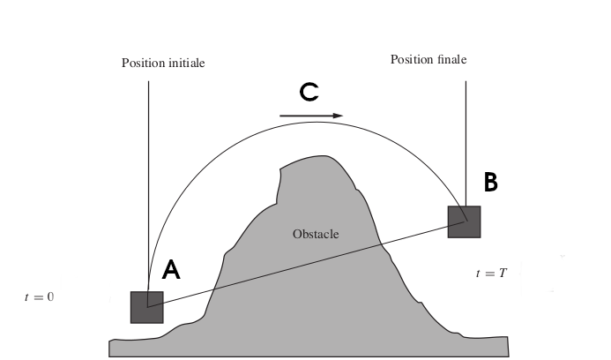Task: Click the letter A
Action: [172, 270]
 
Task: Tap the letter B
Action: [491, 183]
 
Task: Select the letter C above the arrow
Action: [309, 92]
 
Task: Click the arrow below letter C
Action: [310, 115]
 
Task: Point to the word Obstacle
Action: [316, 234]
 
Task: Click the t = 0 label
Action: [39, 297]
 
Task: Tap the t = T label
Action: [491, 274]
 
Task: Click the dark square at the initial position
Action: [147, 307]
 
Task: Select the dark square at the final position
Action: [464, 221]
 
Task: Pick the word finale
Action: [449, 60]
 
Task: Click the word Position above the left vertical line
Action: [142, 64]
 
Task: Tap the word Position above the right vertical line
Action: [410, 60]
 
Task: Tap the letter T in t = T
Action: [503, 274]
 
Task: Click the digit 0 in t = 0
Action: [50, 297]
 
